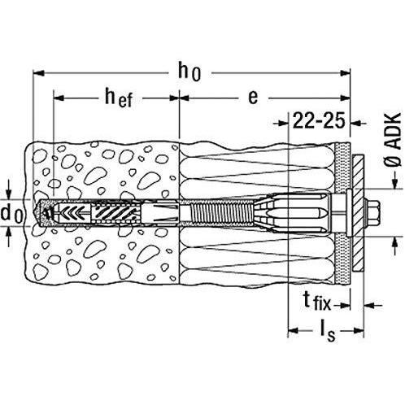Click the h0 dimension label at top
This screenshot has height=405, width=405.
(x=189, y=72)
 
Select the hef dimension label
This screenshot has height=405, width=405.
(x=119, y=98)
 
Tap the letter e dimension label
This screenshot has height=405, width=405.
(x=253, y=97)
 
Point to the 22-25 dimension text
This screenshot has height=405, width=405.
(x=319, y=120)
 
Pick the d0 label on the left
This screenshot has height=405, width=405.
(x=11, y=214)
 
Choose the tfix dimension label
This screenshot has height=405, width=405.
(x=317, y=301)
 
